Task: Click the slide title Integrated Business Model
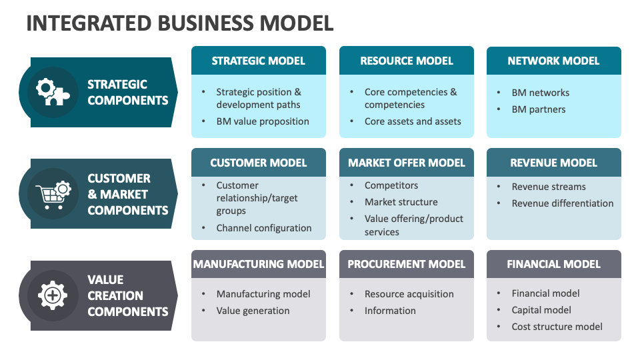click(179, 23)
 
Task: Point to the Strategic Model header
click(258, 61)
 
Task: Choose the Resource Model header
click(406, 61)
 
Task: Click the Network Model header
click(553, 61)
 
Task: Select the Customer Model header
click(258, 163)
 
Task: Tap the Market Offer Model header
click(406, 163)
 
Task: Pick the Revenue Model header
click(553, 163)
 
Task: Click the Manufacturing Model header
click(258, 264)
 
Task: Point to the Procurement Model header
click(406, 264)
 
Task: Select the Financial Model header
click(553, 264)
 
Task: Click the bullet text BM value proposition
click(263, 121)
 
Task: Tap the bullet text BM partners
click(538, 109)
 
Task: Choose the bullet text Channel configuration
click(264, 228)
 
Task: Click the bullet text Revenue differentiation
click(562, 203)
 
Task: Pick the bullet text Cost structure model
click(557, 327)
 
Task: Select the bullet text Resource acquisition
click(409, 294)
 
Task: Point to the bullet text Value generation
click(253, 311)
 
